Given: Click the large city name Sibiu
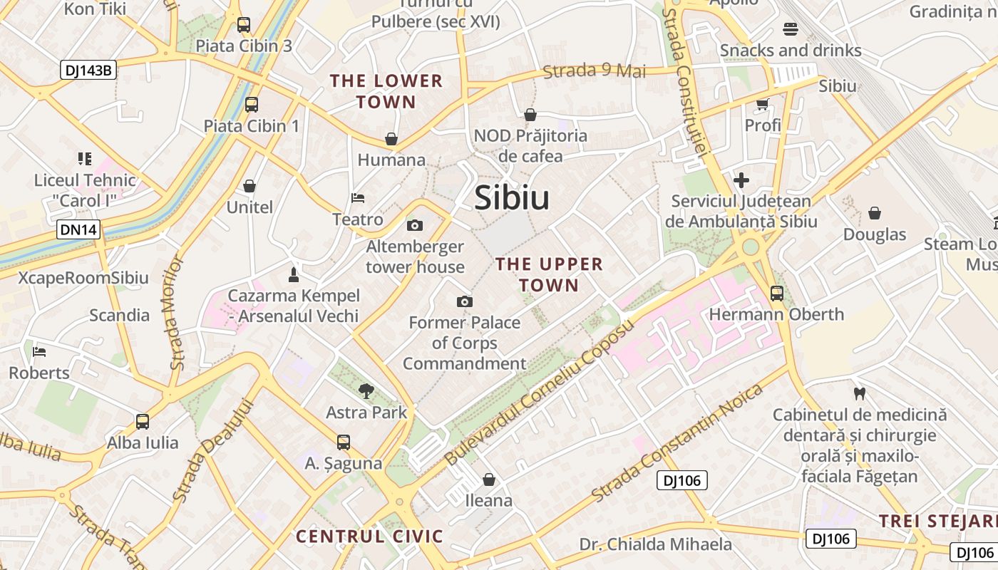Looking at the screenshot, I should (x=512, y=197).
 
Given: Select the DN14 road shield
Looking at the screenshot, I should (x=78, y=229).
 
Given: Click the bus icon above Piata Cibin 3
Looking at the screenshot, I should (x=244, y=25).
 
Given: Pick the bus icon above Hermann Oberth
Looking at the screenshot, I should (x=776, y=293).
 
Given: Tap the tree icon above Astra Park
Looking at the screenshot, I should (x=366, y=390).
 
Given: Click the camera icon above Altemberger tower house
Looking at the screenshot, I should (x=414, y=226).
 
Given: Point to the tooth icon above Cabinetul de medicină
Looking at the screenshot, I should (x=859, y=393).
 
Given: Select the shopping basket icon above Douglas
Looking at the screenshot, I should (x=874, y=213).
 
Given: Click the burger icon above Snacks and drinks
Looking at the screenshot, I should (x=790, y=29).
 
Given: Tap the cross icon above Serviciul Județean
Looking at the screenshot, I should (x=741, y=180).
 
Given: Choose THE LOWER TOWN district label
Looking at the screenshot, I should (x=386, y=91).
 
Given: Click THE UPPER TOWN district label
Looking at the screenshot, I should (x=549, y=274).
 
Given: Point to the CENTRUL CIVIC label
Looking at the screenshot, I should (x=369, y=537).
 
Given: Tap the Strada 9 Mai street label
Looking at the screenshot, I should (x=595, y=71).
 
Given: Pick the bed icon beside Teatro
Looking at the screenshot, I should (x=358, y=197).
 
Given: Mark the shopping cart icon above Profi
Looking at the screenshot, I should (x=762, y=105).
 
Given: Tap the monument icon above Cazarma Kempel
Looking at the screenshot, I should (x=293, y=274).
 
